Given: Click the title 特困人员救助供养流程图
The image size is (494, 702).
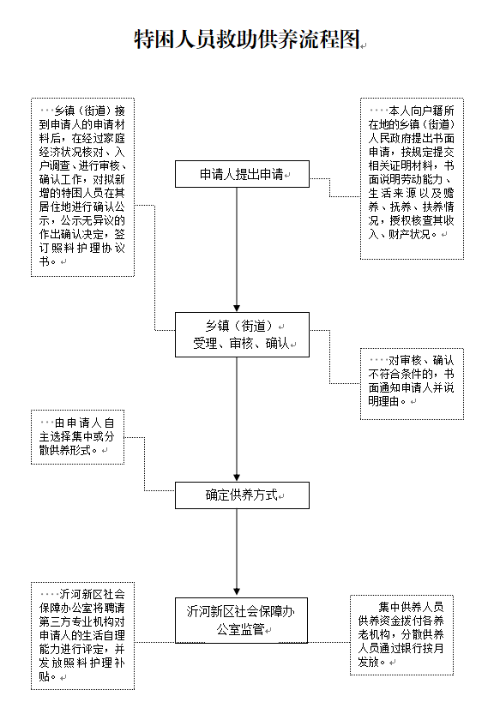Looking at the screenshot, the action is click(x=247, y=39).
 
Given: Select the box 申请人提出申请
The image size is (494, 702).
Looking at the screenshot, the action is click(x=242, y=174).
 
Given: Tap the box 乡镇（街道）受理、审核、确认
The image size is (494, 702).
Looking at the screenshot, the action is click(x=242, y=334).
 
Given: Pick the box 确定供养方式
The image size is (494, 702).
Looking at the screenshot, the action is click(x=242, y=495).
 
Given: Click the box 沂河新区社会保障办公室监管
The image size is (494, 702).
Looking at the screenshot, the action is click(x=241, y=620).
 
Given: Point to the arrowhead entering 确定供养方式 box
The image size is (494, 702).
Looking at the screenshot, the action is click(x=237, y=477).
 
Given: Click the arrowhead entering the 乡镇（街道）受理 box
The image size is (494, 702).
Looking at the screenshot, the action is click(x=237, y=308).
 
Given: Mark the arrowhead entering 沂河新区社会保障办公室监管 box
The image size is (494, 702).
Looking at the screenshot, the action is click(x=237, y=593).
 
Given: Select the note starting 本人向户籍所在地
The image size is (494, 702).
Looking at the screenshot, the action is click(x=412, y=178).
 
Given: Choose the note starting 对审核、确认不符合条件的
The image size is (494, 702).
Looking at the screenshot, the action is click(x=412, y=384).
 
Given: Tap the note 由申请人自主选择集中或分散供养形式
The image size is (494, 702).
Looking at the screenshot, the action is click(x=77, y=437).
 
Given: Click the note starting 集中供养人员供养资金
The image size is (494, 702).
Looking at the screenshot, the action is click(x=401, y=635).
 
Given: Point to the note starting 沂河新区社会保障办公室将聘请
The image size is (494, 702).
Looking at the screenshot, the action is click(x=82, y=636).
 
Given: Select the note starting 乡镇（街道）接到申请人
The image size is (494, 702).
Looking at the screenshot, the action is click(x=82, y=187).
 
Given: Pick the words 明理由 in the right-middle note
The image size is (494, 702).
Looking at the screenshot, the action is click(x=383, y=401).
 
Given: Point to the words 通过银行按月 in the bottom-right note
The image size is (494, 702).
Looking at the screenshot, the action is click(x=411, y=648).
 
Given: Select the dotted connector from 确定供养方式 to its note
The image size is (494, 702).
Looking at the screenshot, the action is click(x=145, y=465).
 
